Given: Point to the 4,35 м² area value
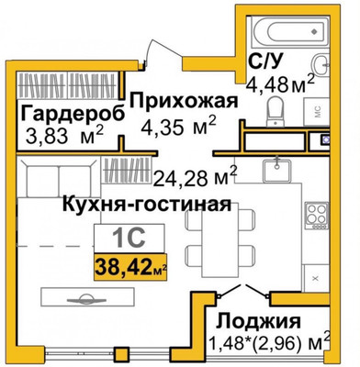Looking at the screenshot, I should coord(177,124).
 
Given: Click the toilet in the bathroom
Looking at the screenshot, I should coord(274,110).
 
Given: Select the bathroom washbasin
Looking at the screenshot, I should coord(321,61).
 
